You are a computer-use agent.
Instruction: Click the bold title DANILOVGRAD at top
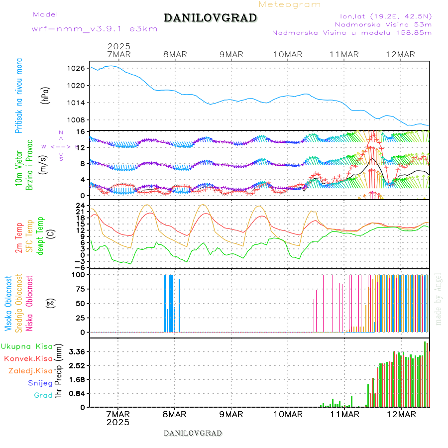pos(210,18)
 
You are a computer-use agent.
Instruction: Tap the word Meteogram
pos(290,4)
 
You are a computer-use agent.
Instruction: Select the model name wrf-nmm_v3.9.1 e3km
pos(95,29)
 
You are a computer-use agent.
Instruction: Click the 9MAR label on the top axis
pos(231,54)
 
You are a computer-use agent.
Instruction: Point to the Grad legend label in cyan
pos(43,395)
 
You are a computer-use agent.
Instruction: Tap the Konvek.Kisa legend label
pos(28,358)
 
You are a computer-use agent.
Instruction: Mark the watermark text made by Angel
pos(439,299)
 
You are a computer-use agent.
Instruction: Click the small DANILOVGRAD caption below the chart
pos(193,433)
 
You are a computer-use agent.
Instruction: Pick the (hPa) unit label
pos(46,95)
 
